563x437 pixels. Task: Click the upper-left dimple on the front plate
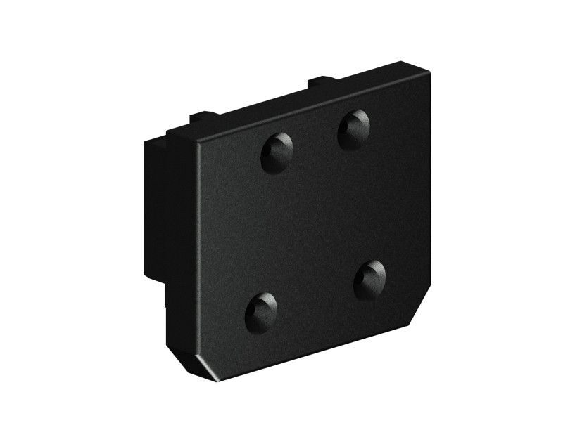coord(277,152)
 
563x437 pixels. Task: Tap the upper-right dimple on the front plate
coord(353,129)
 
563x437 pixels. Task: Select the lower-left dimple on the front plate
coord(261,311)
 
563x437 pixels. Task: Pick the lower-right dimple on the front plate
coord(369,279)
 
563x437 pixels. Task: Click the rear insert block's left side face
coord(153,211)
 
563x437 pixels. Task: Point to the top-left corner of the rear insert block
coord(146,142)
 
